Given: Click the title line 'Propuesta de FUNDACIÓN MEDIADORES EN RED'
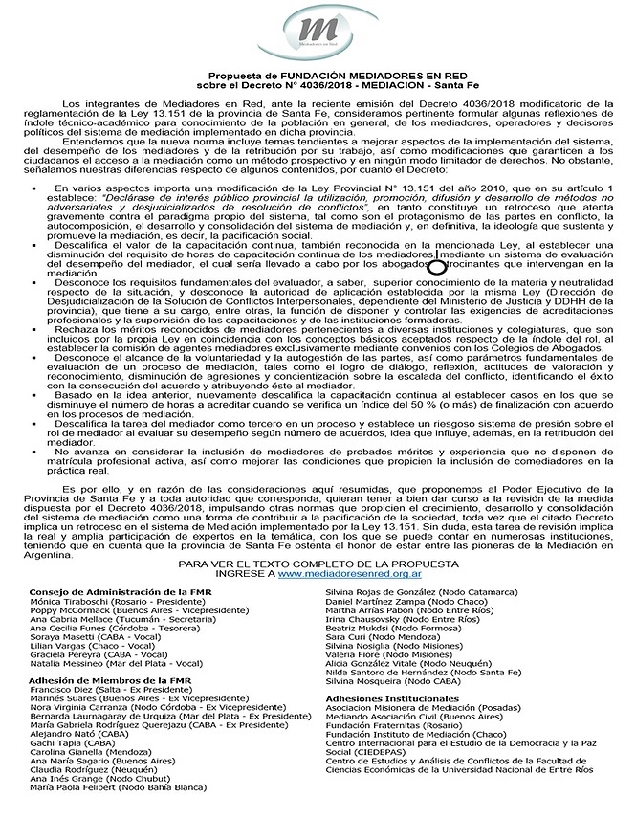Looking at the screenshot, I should [x=318, y=74].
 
